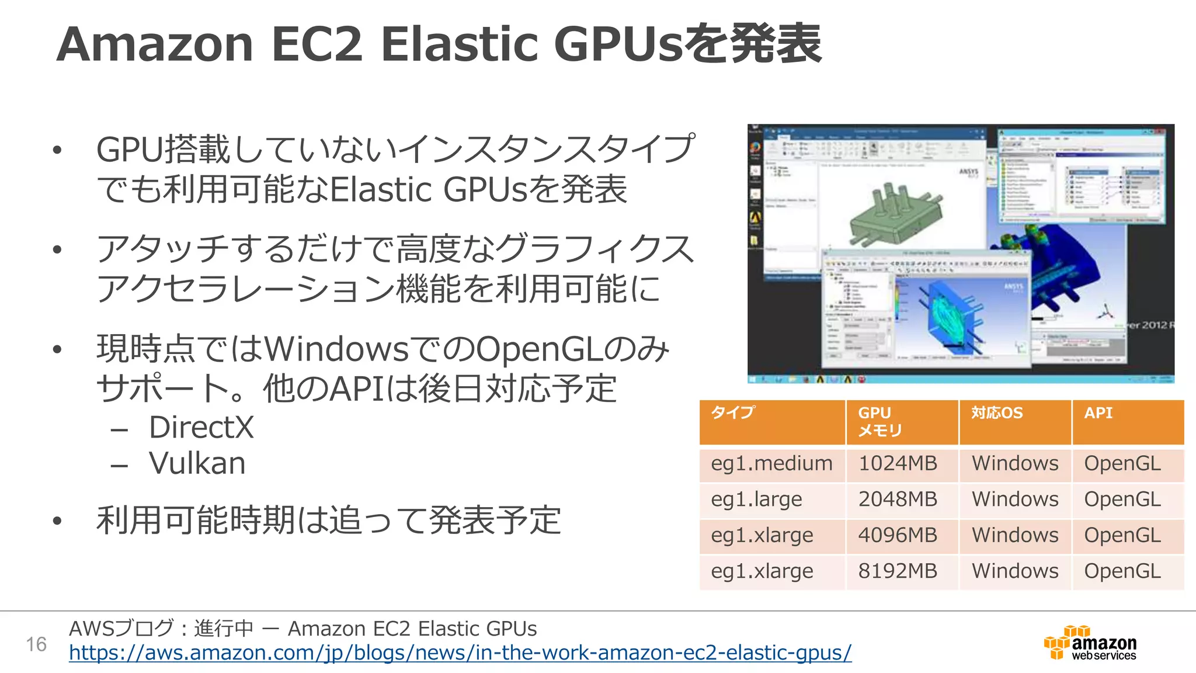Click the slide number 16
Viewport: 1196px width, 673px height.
pyautogui.click(x=36, y=644)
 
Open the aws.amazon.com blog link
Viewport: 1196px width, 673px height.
pyautogui.click(x=460, y=653)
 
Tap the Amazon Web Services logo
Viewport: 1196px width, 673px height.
pyautogui.click(x=1090, y=643)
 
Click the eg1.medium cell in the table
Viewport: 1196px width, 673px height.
pyautogui.click(x=771, y=464)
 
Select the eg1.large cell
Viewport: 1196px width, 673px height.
pyautogui.click(x=756, y=499)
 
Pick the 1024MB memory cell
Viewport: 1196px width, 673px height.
pyautogui.click(x=898, y=464)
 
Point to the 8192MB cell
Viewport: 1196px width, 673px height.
pyautogui.click(x=898, y=571)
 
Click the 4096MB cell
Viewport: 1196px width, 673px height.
pyautogui.click(x=898, y=535)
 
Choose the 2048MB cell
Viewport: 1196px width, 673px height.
pyautogui.click(x=898, y=499)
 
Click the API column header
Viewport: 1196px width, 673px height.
pyautogui.click(x=1098, y=414)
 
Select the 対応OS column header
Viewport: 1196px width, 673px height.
pyautogui.click(x=997, y=414)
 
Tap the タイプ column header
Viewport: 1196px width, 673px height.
pyautogui.click(x=733, y=413)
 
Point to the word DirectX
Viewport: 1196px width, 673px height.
pyautogui.click(x=201, y=427)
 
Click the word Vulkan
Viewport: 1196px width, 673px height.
pyautogui.click(x=197, y=463)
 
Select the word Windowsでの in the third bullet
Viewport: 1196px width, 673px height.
pyautogui.click(x=369, y=349)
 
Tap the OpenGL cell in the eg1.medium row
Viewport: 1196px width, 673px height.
pyautogui.click(x=1122, y=464)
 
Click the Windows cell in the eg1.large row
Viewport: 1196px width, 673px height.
pyautogui.click(x=1015, y=499)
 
